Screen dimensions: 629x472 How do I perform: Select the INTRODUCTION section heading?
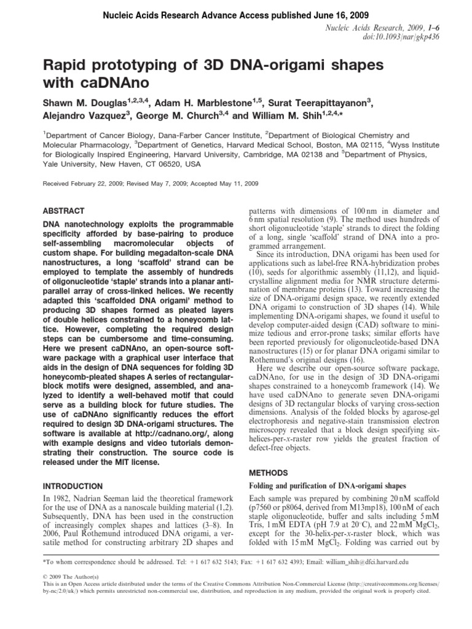click(x=73, y=485)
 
